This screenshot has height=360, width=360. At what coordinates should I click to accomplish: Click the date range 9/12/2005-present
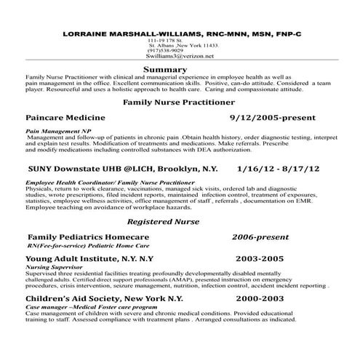270,116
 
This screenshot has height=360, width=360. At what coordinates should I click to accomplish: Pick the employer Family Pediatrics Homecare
88,237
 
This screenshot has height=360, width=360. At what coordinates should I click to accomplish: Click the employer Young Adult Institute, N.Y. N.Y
89,258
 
